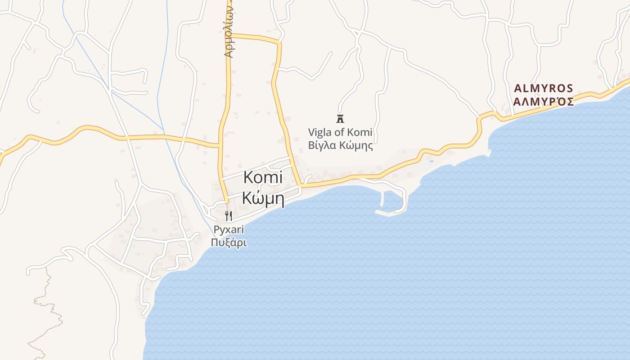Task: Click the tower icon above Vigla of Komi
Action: (340, 119)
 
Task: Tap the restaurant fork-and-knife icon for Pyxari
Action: (229, 216)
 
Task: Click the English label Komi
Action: (263, 177)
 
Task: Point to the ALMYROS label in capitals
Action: (544, 88)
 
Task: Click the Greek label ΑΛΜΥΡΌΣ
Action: (544, 101)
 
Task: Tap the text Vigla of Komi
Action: (340, 132)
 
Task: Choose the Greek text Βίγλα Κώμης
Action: (340, 146)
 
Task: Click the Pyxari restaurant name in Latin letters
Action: (229, 230)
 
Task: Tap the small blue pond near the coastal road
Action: (431, 161)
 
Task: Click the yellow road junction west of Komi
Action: (220, 145)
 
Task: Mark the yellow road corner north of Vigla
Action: (279, 43)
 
